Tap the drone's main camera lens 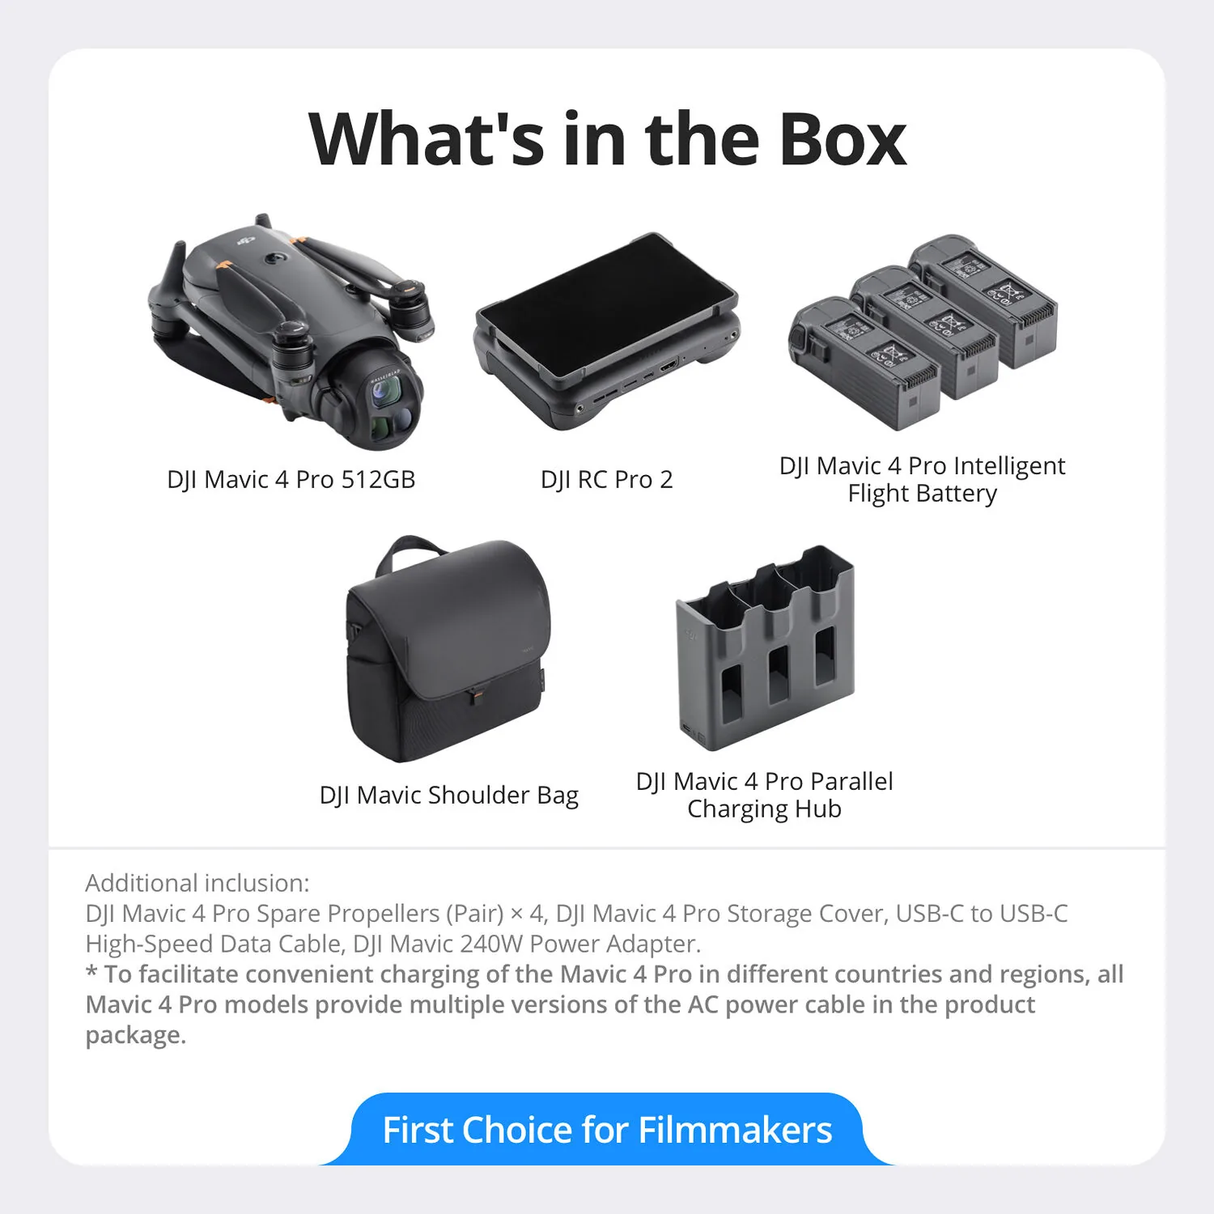(x=385, y=393)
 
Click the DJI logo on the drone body (x=244, y=240)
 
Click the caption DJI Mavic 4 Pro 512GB (x=291, y=479)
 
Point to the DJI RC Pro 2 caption (x=606, y=479)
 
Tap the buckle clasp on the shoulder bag (x=478, y=694)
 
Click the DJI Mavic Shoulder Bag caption (x=449, y=795)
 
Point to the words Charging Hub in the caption (x=764, y=809)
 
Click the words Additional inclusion (x=197, y=882)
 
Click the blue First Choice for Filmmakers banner (x=607, y=1129)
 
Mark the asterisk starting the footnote (x=91, y=971)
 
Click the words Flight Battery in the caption (x=922, y=493)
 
